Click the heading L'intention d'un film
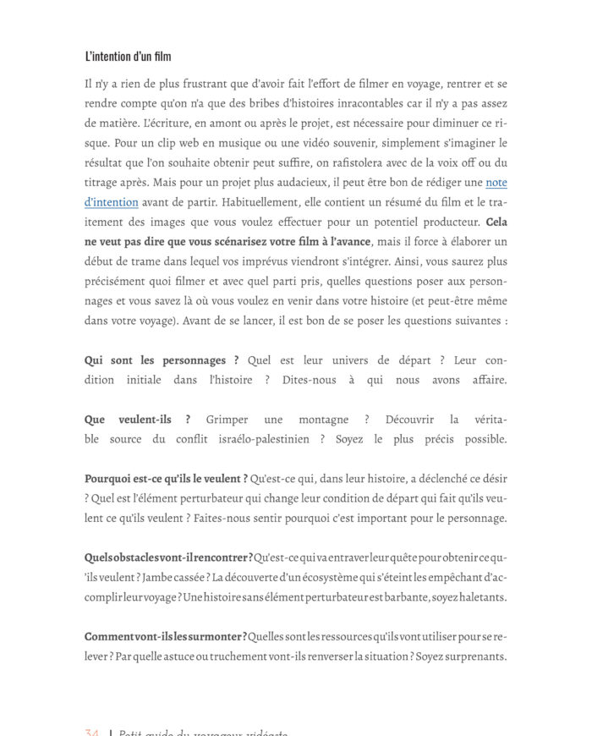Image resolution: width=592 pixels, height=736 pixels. [128, 58]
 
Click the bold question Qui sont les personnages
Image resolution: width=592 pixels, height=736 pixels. [162, 360]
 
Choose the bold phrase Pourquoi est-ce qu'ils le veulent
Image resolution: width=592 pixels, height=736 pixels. [166, 479]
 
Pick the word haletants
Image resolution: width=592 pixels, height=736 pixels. [477, 596]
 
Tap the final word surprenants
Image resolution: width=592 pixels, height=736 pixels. [473, 656]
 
